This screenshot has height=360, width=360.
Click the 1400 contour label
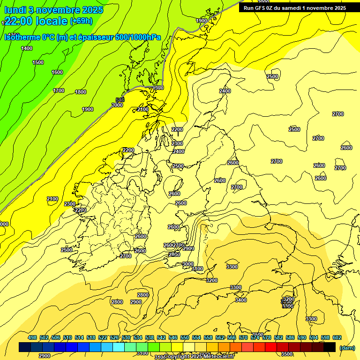pyautogui.click(x=27, y=48)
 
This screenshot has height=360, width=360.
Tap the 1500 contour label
pyautogui.click(x=38, y=62)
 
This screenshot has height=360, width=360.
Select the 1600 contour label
pyautogui.click(x=57, y=72)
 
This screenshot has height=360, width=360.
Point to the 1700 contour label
pyautogui.click(x=59, y=90)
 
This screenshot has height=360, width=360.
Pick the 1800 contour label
pyautogui.click(x=81, y=92)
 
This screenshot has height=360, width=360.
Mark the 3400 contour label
pyautogui.click(x=241, y=300)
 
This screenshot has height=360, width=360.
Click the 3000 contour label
pyautogui.click(x=187, y=264)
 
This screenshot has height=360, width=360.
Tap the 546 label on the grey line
pyautogui.click(x=120, y=100)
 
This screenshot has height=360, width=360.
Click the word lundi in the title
pyautogui.click(x=15, y=10)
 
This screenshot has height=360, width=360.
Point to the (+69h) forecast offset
pyautogui.click(x=81, y=21)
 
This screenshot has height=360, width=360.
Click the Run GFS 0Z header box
pyautogui.click(x=295, y=8)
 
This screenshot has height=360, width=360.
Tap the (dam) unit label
pyautogui.click(x=346, y=348)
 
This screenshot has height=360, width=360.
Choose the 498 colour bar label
pyautogui.click(x=32, y=337)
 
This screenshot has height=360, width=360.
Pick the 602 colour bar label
pyautogui.click(x=337, y=337)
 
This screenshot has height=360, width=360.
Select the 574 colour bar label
pyautogui.click(x=255, y=337)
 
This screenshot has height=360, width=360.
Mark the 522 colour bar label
pyautogui.click(x=103, y=337)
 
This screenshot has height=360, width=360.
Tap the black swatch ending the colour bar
pyautogui.click(x=330, y=347)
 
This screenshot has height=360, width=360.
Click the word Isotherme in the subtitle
pyautogui.click(x=22, y=37)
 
